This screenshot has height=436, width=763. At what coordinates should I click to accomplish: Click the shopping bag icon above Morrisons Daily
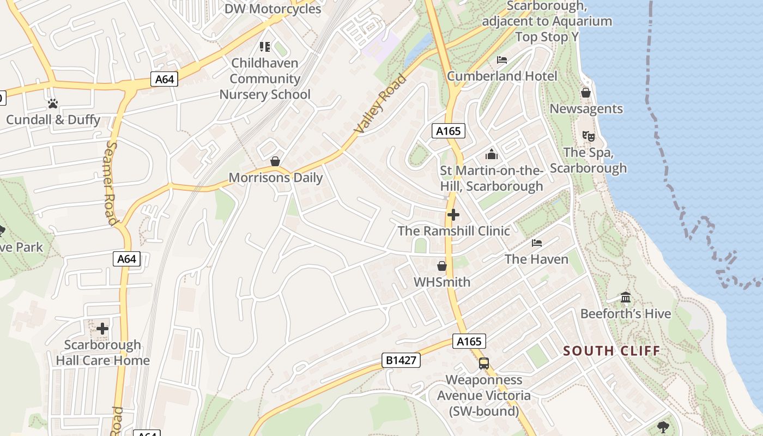point(275,162)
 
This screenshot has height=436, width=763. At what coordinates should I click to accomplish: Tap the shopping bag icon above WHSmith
point(442,266)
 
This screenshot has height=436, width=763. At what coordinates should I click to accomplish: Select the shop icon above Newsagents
point(586,93)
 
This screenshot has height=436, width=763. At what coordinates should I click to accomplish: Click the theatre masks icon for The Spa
point(588,136)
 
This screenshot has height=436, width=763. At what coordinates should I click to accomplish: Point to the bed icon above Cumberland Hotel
point(502,59)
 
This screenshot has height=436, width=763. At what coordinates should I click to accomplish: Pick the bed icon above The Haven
point(537,243)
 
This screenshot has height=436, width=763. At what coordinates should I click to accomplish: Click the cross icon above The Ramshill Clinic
point(453,215)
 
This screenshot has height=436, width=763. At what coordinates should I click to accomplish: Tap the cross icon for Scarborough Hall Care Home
point(102,329)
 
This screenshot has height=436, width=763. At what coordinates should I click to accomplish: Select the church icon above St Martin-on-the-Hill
point(492,155)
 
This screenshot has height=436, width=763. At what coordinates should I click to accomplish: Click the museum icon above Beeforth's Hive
point(626,298)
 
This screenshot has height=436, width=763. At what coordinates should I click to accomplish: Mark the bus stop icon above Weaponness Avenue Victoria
point(483,363)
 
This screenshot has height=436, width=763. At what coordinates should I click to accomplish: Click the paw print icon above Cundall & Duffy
point(53,103)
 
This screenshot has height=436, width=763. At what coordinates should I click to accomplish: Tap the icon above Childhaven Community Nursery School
point(265,47)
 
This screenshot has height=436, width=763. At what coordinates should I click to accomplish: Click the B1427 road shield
point(401,360)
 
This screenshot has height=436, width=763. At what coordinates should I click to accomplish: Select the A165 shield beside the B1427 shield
point(469,341)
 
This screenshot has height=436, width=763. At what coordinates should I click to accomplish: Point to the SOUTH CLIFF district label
point(611,350)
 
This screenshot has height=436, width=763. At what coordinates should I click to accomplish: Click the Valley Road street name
point(380,104)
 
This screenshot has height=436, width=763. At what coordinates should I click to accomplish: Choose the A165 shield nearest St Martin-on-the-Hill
point(449,131)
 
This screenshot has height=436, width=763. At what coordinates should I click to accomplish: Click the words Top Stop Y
point(547,37)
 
